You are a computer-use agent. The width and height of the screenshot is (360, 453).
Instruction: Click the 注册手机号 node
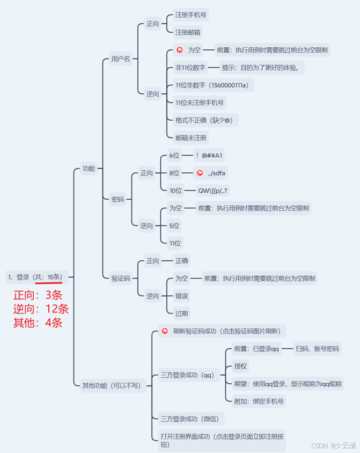[x=190, y=15]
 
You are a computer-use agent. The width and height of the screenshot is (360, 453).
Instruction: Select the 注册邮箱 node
[x=188, y=32]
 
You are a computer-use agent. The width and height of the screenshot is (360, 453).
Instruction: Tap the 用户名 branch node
[x=120, y=59]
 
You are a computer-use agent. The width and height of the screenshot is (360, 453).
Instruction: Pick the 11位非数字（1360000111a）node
[x=211, y=85]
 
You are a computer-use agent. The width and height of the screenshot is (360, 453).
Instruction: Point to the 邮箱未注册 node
[x=190, y=137]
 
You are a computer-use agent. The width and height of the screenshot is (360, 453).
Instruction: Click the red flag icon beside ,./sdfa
[x=200, y=173]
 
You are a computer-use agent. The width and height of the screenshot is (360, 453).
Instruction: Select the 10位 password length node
[x=175, y=190]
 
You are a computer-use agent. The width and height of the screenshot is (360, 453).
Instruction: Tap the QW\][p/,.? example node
[x=214, y=190]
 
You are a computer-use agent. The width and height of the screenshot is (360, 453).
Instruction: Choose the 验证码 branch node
[x=121, y=278]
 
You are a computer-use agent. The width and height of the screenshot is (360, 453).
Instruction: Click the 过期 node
[x=182, y=312]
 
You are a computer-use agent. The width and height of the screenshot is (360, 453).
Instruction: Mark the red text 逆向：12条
[x=41, y=309]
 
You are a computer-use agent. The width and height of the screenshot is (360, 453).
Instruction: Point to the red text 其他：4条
[x=38, y=323]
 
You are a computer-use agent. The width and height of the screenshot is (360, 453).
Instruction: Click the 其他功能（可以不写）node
[x=111, y=385]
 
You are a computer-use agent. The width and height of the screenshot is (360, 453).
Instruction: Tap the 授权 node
[x=240, y=366]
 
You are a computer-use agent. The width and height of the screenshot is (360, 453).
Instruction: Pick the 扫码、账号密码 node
[x=318, y=349]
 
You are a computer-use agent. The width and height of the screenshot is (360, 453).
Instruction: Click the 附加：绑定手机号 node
[x=259, y=400]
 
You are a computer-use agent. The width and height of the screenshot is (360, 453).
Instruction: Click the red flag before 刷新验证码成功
[x=165, y=331]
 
